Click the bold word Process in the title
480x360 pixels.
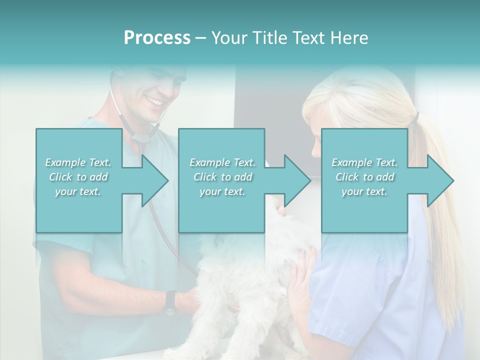point(157,38)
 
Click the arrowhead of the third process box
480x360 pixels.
point(439,180)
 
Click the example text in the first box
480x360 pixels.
point(78,177)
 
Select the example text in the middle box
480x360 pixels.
point(222,177)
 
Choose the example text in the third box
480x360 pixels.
point(364,177)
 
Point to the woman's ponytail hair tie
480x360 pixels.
point(416,117)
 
